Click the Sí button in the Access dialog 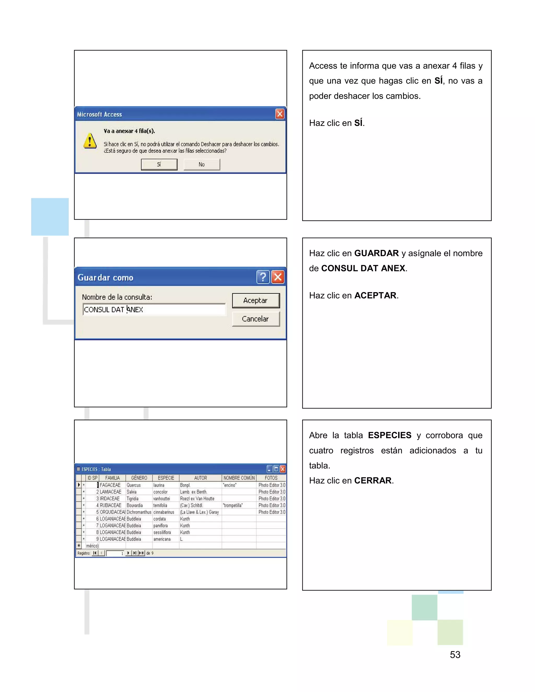159,165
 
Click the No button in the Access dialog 202,165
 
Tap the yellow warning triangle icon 90,141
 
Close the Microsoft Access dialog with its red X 280,114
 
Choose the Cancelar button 255,319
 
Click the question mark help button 263,277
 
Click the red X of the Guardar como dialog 278,277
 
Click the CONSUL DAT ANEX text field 154,309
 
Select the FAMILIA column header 113,478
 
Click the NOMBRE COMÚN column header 239,478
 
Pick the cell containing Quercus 134,485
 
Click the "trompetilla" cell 233,505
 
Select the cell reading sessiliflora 162,532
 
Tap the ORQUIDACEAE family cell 113,512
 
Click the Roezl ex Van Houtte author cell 197,499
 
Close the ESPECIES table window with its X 283,469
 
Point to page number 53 455,655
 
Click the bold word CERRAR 373,481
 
